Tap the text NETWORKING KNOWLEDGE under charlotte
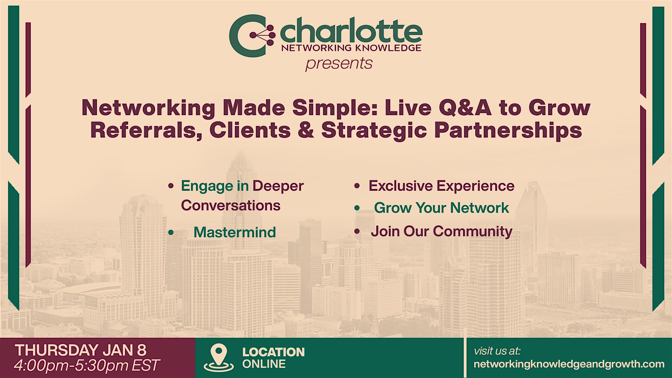click(x=351, y=48)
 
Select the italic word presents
click(x=339, y=64)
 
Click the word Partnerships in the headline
click(x=508, y=131)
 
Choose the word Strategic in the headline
click(x=374, y=131)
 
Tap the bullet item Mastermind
click(x=234, y=232)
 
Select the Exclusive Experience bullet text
click(x=441, y=186)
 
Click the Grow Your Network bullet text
click(x=441, y=208)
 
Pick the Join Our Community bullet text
click(x=441, y=232)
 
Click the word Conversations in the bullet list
click(x=231, y=205)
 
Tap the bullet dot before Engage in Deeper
click(x=171, y=185)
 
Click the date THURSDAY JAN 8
click(x=80, y=350)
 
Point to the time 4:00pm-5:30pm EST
click(x=87, y=365)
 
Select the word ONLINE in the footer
click(x=264, y=364)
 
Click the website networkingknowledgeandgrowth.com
click(x=569, y=364)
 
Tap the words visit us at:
click(x=497, y=351)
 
